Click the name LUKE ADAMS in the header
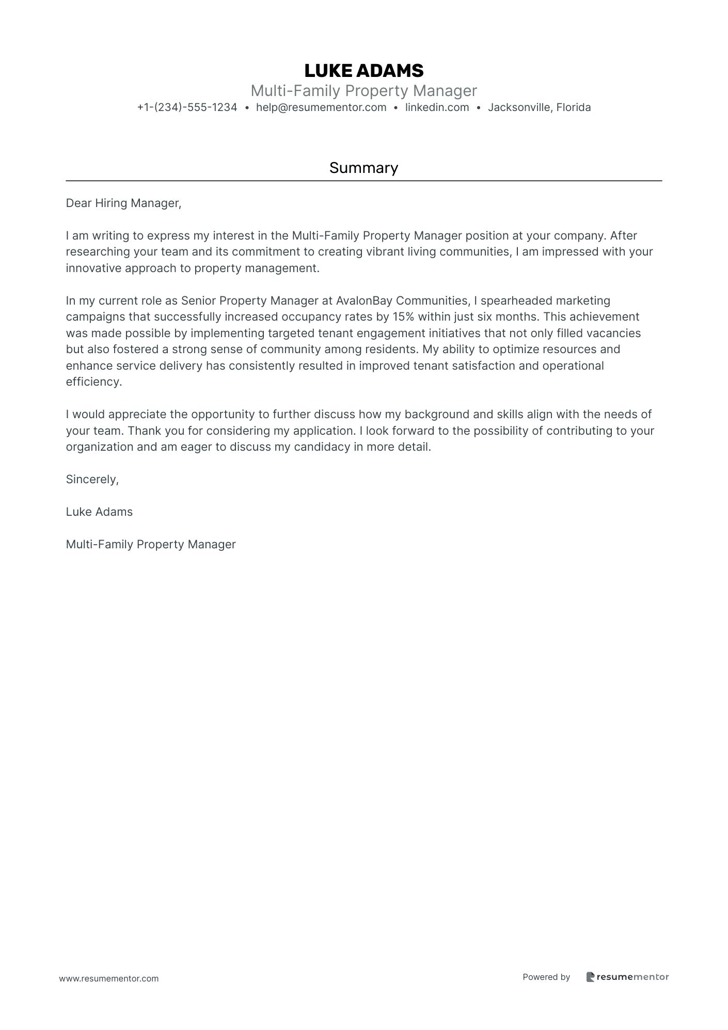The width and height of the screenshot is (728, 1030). coord(363,71)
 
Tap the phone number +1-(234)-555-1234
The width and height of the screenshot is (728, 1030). coord(187,107)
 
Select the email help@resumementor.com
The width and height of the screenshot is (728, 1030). coord(321,107)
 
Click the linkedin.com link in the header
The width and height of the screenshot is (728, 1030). coord(437,107)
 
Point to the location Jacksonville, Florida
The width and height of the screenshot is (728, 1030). coord(539,107)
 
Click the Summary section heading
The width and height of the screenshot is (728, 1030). coord(363,168)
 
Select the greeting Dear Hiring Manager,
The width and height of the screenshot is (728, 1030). coord(123,203)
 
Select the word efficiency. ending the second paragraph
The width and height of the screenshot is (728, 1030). coord(94,382)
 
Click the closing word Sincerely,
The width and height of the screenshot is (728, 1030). coord(92,479)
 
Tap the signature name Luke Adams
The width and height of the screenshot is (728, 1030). coord(99,512)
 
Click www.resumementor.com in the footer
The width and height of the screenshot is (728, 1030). coord(109,978)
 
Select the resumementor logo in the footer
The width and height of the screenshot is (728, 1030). coord(627,977)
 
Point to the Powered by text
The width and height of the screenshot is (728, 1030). coord(546,977)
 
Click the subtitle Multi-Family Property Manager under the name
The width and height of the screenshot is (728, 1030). coord(363,91)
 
